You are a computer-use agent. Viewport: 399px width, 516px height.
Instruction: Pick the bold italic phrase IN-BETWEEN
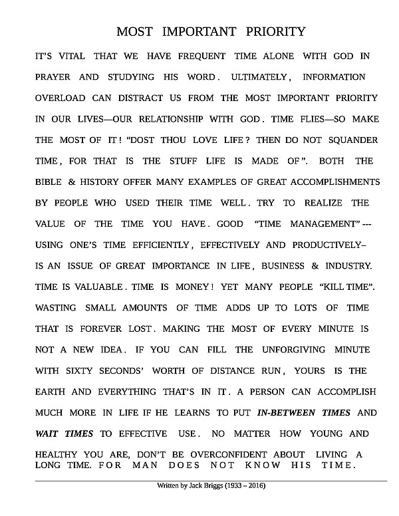click(287, 413)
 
